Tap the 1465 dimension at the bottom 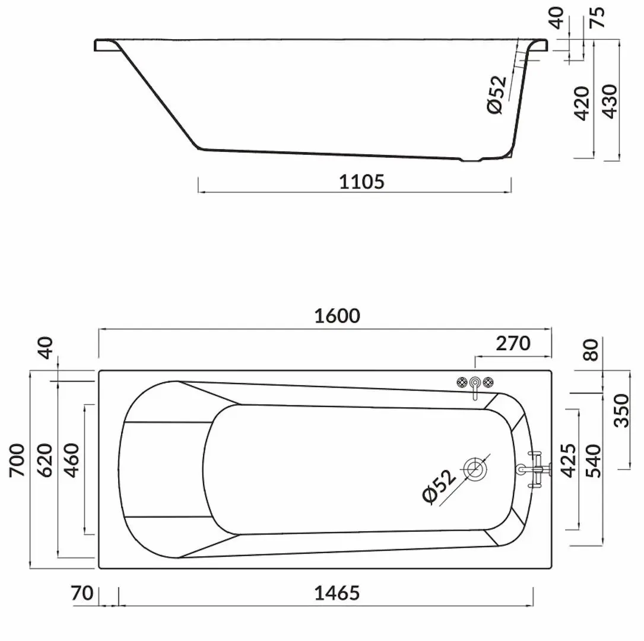point(337,592)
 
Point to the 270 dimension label point(511,343)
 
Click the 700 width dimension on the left point(17,460)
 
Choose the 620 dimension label point(45,460)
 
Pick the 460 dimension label point(72,460)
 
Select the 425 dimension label point(567,461)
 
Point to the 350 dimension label point(621,410)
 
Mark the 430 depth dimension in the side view point(610,102)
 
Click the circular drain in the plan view point(475,469)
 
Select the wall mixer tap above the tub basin point(475,385)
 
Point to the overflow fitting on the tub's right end point(534,469)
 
